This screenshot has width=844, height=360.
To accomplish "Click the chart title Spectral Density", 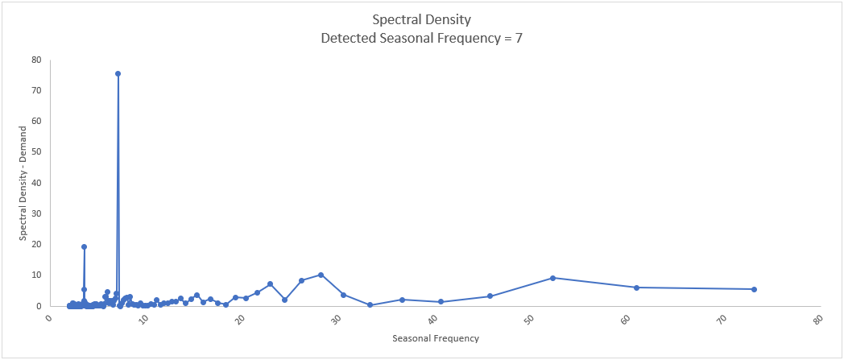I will [x=422, y=19].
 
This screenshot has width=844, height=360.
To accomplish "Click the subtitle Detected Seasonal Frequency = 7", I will [x=422, y=38].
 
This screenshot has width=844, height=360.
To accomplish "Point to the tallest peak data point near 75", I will [x=118, y=73].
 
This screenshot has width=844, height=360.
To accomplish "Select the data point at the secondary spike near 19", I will [x=84, y=247].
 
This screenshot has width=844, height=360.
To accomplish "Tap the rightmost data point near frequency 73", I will [x=754, y=289].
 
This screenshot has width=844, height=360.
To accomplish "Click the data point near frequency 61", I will [x=636, y=288].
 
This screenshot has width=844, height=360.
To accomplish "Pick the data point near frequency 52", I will [x=552, y=278].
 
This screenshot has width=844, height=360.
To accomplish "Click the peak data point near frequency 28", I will [x=321, y=275].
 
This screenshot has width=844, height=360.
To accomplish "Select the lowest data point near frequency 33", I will [x=370, y=305].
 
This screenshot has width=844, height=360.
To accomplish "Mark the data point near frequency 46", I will [x=490, y=296].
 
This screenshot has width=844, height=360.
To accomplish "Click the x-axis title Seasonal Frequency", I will [x=436, y=338].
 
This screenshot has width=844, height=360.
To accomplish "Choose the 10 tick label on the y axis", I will [x=37, y=275].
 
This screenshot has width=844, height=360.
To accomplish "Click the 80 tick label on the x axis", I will [x=818, y=321].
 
